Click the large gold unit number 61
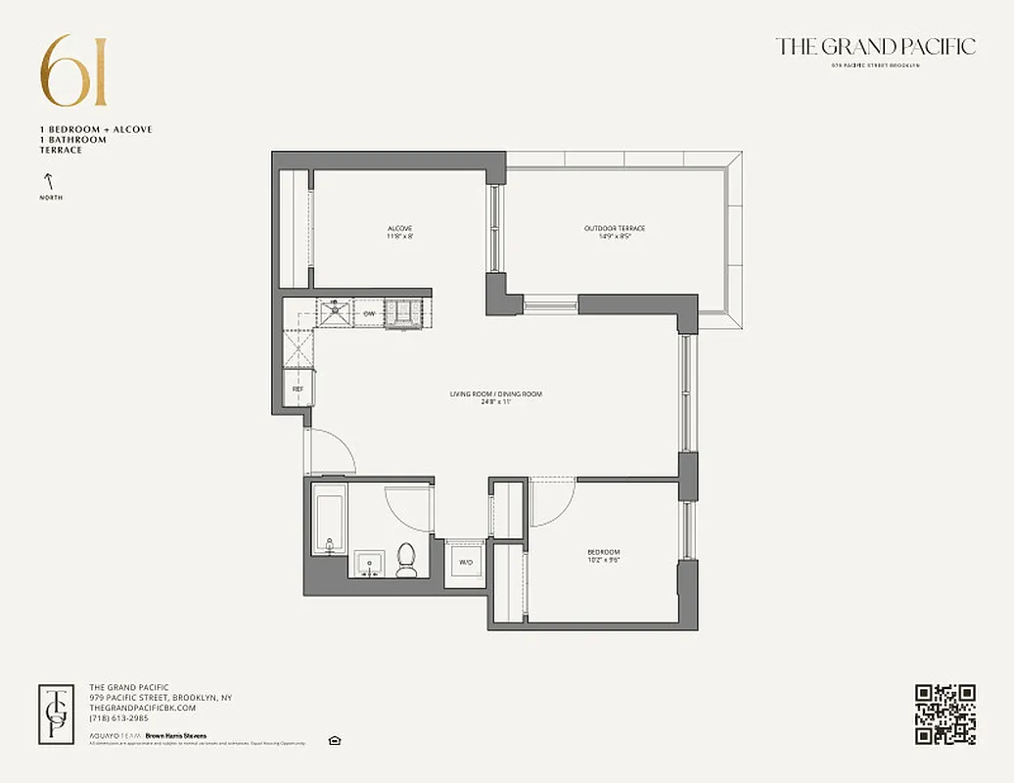point(73,71)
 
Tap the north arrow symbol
point(46,181)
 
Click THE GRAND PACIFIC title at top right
point(875,47)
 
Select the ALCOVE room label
point(399,232)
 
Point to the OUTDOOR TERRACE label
point(615,232)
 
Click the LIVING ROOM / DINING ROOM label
point(495,397)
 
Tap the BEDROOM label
point(604,556)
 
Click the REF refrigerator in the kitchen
point(298,389)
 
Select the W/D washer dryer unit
point(465,563)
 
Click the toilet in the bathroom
point(407,559)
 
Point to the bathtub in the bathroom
point(329,523)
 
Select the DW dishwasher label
point(369,313)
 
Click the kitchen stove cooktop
point(400,312)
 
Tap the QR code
point(945,714)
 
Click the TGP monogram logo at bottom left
point(57,714)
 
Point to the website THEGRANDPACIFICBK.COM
point(143,708)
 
